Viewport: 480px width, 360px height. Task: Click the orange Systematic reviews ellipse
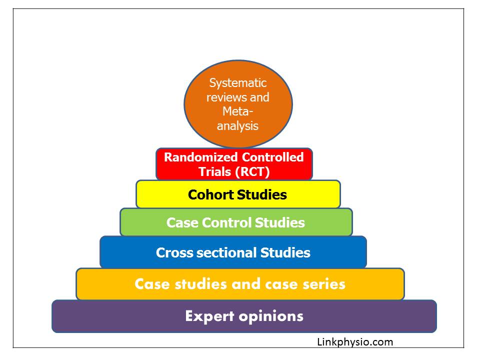(238, 104)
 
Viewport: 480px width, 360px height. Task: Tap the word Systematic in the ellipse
(238, 83)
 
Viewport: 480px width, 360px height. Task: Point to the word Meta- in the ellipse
(238, 111)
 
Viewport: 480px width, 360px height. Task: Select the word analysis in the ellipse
(238, 126)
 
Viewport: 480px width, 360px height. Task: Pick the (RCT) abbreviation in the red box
(252, 171)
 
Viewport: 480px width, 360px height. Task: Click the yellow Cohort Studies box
(238, 194)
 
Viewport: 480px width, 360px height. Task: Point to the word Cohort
(210, 194)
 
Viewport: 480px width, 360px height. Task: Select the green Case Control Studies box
(236, 222)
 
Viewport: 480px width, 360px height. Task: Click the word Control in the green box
(226, 222)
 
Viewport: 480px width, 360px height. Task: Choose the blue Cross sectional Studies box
(233, 252)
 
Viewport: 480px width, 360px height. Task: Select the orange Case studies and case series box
(240, 284)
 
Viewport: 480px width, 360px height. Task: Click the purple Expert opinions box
(244, 316)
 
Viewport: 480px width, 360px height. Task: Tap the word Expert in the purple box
(209, 316)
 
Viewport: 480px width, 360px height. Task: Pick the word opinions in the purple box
(271, 316)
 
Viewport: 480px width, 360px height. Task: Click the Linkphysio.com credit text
(355, 342)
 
